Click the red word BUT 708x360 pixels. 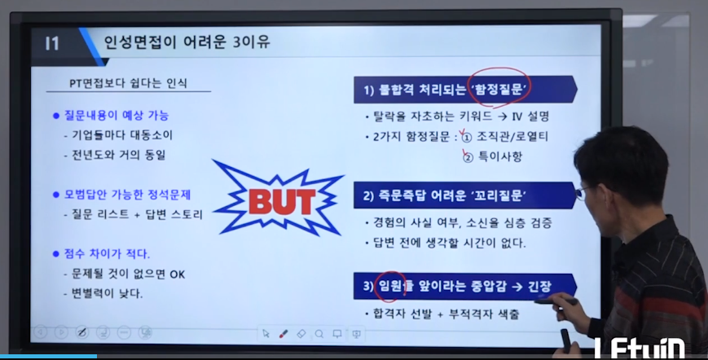click(282, 202)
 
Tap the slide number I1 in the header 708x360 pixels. click(52, 44)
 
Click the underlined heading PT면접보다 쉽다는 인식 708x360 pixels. click(128, 83)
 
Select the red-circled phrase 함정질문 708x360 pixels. click(499, 90)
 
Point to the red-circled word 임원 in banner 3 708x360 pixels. click(390, 286)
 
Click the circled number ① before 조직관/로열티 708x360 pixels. click(467, 137)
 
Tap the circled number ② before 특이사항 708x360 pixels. click(468, 157)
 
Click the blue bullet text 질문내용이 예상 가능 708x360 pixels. click(116, 116)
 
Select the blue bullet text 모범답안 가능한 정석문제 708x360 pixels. click(127, 195)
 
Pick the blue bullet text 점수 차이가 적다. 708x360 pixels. click(107, 254)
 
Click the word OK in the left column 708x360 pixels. click(178, 274)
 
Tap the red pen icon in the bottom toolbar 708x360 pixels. click(284, 334)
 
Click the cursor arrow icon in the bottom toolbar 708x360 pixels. click(266, 333)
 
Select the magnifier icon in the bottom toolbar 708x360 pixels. click(319, 334)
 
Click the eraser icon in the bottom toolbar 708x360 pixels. click(301, 334)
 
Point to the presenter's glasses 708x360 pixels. click(582, 193)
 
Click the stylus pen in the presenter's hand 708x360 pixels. click(556, 301)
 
